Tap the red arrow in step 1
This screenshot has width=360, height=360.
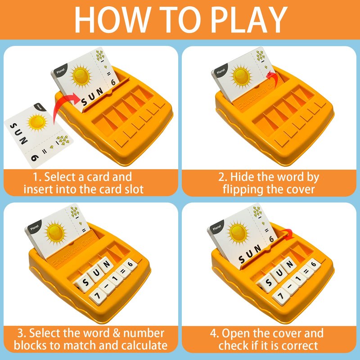63,106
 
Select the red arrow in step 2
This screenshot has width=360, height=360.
273,78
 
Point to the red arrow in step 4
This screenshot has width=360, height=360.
288,234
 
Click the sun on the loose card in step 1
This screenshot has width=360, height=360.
37,122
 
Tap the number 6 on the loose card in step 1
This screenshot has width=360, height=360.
35,158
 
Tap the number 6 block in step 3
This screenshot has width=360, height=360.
130,265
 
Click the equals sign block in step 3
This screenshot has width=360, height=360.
122,272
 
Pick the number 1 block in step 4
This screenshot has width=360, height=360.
298,279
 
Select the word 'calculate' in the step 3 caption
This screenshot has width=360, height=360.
144,346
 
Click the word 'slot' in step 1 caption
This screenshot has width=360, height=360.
134,189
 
